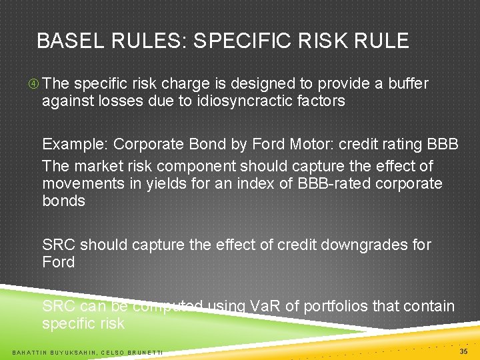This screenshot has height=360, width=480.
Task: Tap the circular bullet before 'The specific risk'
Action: pos(33,84)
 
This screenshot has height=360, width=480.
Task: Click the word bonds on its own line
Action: pos(64,201)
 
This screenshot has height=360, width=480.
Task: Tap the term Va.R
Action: pos(265,307)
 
